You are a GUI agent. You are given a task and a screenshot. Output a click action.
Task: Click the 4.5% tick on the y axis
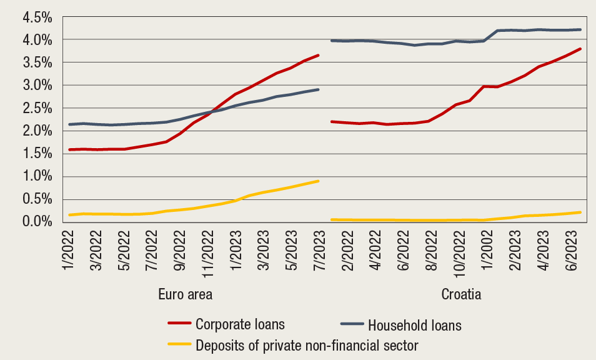pos(38,17)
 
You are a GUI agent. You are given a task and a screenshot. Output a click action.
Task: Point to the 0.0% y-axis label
pos(38,221)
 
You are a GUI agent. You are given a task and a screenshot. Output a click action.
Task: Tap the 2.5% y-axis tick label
pos(38,108)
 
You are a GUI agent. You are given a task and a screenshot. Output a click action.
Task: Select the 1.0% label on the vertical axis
pos(38,176)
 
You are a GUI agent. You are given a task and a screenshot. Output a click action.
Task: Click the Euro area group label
pos(195,294)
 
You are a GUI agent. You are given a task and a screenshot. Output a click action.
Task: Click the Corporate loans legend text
pos(240,324)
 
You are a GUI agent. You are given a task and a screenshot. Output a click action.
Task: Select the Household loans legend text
pos(414,325)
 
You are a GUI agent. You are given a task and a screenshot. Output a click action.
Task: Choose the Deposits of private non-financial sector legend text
pos(307,344)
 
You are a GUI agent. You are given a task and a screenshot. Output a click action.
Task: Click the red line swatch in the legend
pos(179,324)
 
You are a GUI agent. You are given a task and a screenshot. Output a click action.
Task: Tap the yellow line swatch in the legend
pos(179,344)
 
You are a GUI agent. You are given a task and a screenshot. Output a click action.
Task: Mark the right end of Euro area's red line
pos(319,55)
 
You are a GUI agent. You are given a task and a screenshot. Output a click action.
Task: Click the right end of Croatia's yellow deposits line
pos(580,212)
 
